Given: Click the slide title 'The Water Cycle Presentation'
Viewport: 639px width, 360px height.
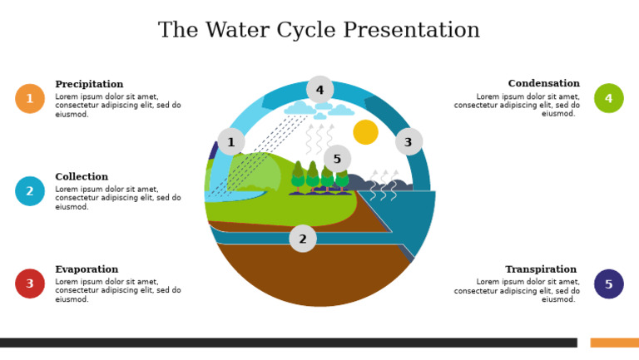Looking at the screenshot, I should point(319,31).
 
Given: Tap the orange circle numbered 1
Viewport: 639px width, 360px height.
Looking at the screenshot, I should point(30,99).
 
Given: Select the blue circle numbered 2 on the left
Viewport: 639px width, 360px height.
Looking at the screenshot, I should point(30,191).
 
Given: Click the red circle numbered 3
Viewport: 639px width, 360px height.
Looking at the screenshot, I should point(30,284).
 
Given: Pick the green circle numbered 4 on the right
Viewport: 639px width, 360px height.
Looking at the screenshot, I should point(608,99).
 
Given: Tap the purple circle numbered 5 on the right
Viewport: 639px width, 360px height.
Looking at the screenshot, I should point(608,284).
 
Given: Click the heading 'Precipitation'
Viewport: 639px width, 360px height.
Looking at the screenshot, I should point(89,85).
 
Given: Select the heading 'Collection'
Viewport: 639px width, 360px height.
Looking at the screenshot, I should point(82,177).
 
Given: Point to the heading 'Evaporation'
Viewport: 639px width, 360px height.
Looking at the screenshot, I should point(87,269).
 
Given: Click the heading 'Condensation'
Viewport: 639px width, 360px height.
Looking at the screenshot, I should point(543,84).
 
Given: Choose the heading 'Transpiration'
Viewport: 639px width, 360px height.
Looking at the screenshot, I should point(541,269).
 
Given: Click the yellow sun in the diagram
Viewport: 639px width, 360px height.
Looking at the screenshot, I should point(365,132).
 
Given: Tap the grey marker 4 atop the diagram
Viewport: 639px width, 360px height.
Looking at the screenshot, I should point(319,90).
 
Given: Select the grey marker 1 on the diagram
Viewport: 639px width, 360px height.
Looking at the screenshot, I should point(231,142).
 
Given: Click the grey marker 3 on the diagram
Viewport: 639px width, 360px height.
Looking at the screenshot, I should point(409,142).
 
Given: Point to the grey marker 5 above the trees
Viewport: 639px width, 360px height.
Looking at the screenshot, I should point(337,159).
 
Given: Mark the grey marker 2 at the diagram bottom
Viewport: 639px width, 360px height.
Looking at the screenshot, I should point(303,239).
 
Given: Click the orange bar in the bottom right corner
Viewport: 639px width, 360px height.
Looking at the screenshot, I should point(614,343).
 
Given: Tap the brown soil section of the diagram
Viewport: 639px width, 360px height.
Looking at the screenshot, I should point(316,279).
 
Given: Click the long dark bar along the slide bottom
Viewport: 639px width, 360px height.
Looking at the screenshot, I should point(288,343).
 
